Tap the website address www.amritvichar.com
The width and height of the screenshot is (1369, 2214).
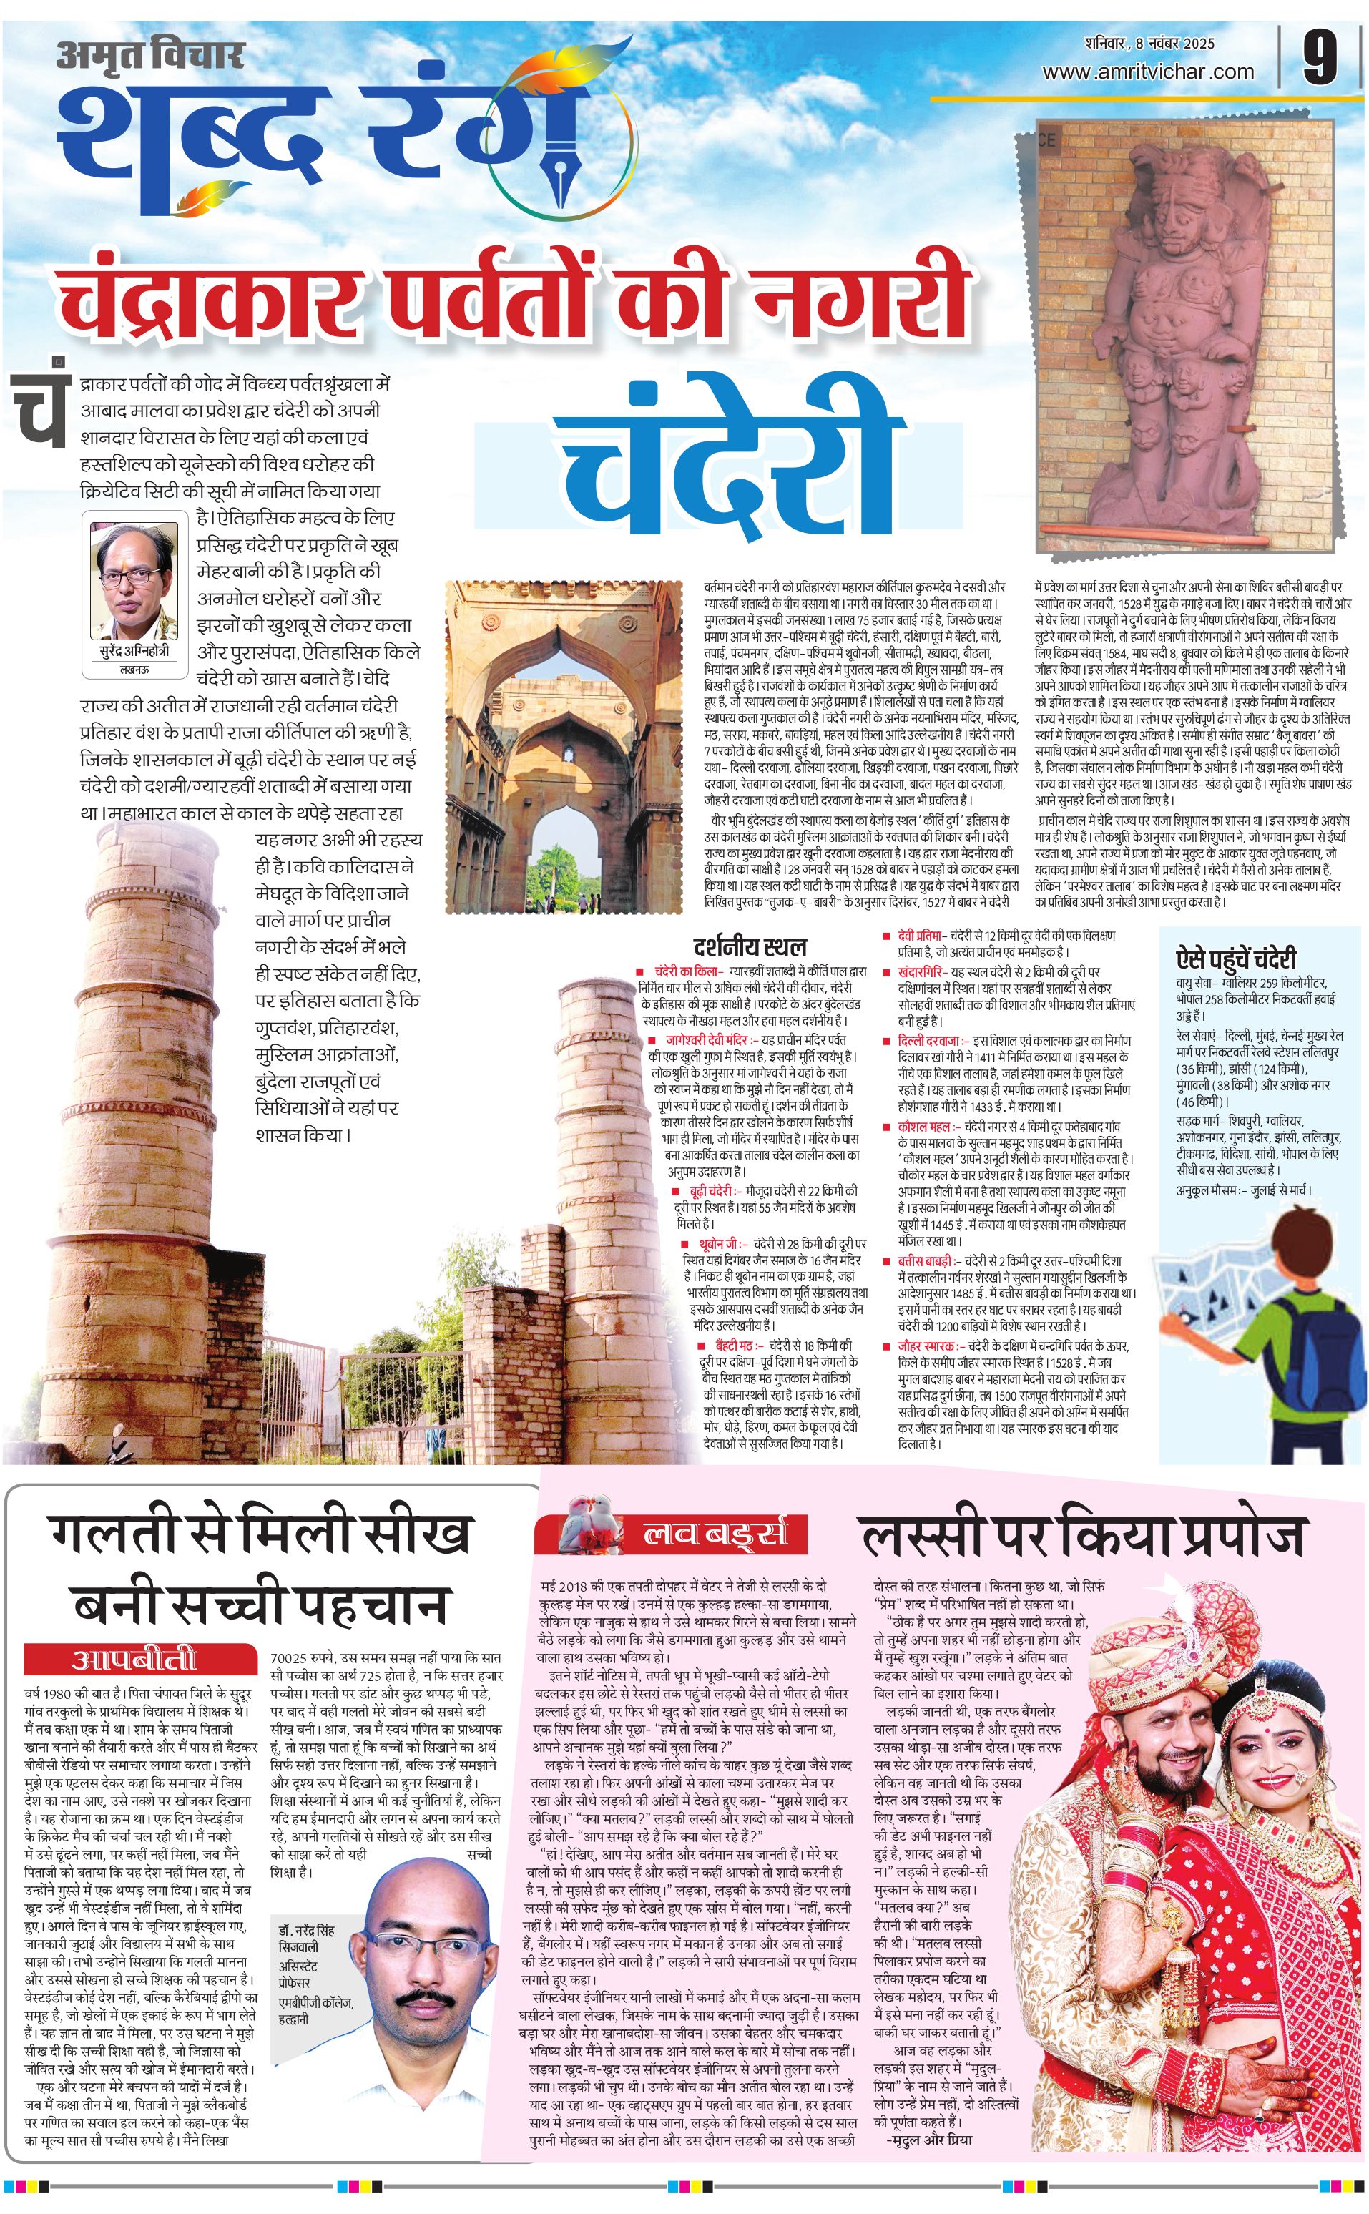pos(1148,72)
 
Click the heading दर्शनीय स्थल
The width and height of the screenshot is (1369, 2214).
pos(749,947)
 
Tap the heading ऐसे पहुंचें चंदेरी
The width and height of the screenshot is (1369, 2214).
pos(1235,958)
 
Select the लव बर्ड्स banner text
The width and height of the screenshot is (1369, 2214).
pos(715,1534)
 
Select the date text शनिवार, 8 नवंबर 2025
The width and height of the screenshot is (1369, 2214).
pos(1149,44)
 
